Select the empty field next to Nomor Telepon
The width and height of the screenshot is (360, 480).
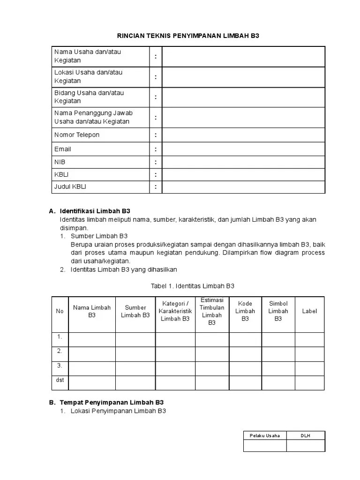pos(243,135)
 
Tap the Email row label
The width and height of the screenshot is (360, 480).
pos(63,149)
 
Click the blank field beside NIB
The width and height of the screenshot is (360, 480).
pos(243,162)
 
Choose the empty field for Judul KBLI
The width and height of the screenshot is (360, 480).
pos(243,187)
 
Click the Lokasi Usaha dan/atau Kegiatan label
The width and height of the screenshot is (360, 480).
pos(88,76)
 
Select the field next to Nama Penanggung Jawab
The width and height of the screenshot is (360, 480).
pos(243,117)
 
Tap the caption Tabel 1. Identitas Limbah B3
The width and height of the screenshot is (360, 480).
pos(192,285)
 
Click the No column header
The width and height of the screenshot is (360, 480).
pos(60,311)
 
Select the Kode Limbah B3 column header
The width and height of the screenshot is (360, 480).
pos(245,311)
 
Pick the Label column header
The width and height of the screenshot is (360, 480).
pos(309,311)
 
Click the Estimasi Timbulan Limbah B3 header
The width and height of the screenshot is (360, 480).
pos(212,311)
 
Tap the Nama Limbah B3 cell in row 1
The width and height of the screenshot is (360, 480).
pos(92,339)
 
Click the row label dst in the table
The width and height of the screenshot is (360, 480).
pos(60,380)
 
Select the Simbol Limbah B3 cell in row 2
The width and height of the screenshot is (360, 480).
pos(278,353)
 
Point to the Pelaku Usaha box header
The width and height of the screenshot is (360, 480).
pos(265,435)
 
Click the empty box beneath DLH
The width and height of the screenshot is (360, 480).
pos(306,446)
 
